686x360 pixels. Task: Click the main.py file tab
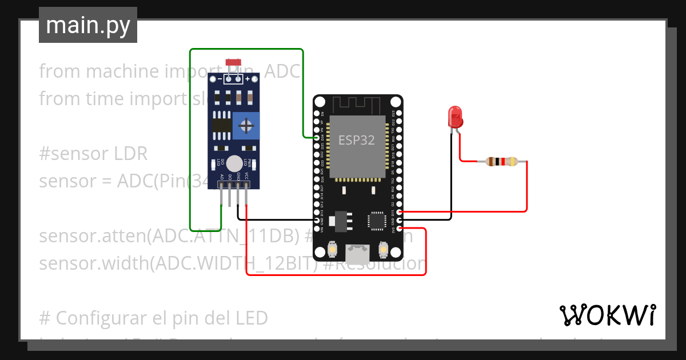point(88,25)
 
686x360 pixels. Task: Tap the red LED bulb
point(456,116)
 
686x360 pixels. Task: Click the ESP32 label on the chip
point(357,140)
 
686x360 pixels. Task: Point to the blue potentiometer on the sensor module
point(246,125)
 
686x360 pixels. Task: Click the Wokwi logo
point(607,314)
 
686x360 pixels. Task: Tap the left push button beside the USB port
point(333,249)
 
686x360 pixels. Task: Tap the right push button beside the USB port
point(384,249)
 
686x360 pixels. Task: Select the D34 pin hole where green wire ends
point(318,138)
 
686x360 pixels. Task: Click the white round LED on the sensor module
point(233,163)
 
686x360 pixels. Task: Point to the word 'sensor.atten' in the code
point(90,236)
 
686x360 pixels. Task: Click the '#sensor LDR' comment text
point(93,154)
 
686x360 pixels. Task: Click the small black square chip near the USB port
point(377,220)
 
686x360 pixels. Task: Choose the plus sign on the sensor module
point(248,79)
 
